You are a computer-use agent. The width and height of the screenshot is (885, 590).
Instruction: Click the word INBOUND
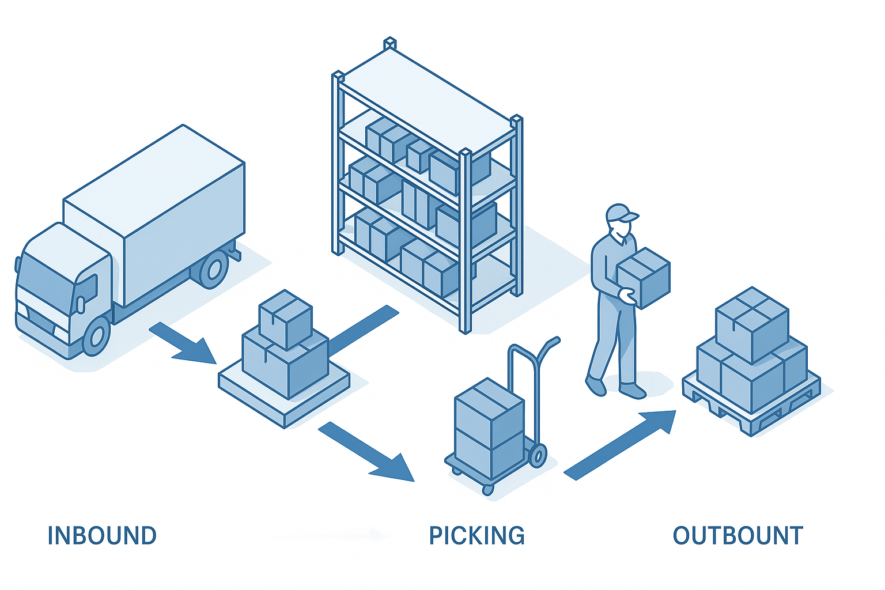[102, 536]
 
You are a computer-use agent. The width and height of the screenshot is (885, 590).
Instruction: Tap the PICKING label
[477, 536]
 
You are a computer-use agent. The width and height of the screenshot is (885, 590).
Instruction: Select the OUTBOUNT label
[738, 536]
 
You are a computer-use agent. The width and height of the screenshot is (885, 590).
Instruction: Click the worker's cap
[621, 213]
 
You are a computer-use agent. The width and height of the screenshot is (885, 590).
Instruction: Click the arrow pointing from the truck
[183, 343]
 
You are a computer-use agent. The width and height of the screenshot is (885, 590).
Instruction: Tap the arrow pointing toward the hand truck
[366, 452]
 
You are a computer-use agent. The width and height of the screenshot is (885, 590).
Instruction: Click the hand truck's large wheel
[538, 456]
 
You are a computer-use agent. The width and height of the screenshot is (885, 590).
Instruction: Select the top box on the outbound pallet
[752, 325]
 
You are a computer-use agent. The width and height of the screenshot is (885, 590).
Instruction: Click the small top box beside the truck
[286, 319]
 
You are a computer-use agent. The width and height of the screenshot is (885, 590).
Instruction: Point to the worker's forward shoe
[632, 390]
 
